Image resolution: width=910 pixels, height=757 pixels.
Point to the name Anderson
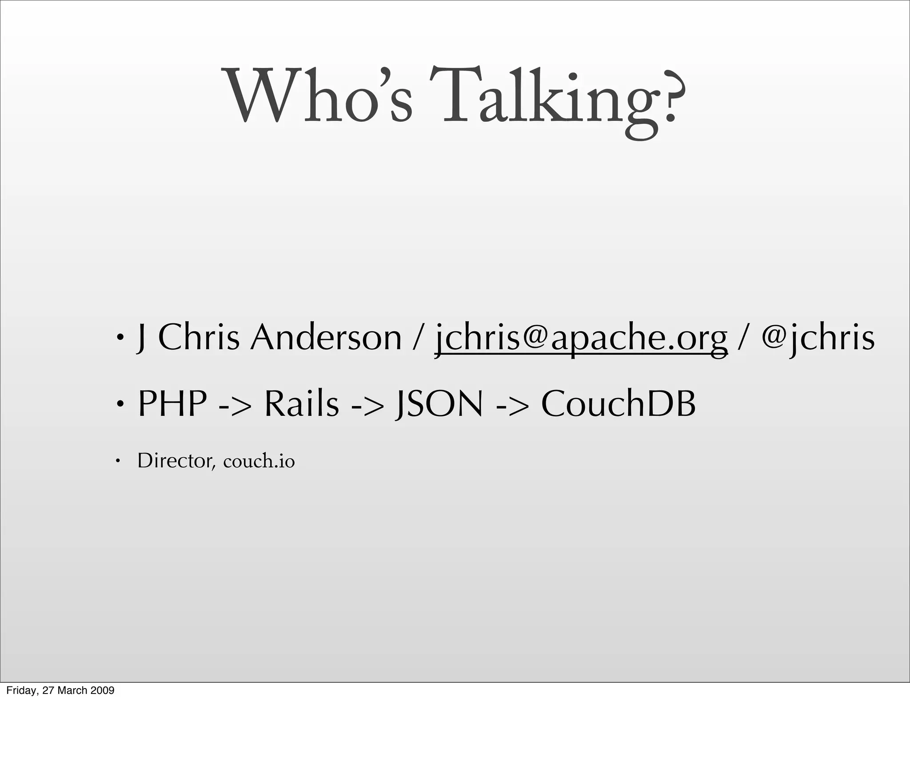pyautogui.click(x=326, y=338)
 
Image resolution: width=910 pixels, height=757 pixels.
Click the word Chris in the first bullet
pyautogui.click(x=199, y=338)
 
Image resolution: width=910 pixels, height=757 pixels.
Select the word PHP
pyautogui.click(x=172, y=404)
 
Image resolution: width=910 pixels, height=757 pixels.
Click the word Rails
pyautogui.click(x=302, y=404)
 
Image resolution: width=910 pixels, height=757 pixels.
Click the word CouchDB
pyautogui.click(x=618, y=404)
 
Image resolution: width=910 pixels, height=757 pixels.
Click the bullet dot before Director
pyautogui.click(x=118, y=461)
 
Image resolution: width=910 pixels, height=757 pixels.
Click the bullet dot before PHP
pyautogui.click(x=119, y=404)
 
